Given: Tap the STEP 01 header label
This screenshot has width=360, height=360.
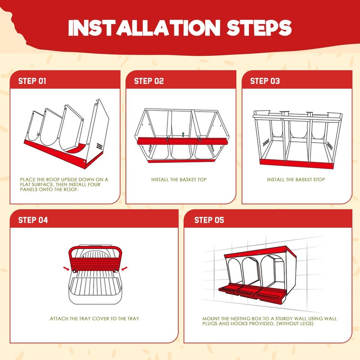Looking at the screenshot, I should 32,81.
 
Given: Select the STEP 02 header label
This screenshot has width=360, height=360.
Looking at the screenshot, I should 149,81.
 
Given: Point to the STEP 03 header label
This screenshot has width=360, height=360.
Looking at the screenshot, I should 265,81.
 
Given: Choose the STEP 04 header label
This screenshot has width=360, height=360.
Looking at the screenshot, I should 33,220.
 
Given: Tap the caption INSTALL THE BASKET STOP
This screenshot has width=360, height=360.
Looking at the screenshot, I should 296,180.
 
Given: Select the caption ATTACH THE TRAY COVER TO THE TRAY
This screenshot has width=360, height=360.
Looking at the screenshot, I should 94,319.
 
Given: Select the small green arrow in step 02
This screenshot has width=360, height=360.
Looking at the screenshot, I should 183,134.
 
